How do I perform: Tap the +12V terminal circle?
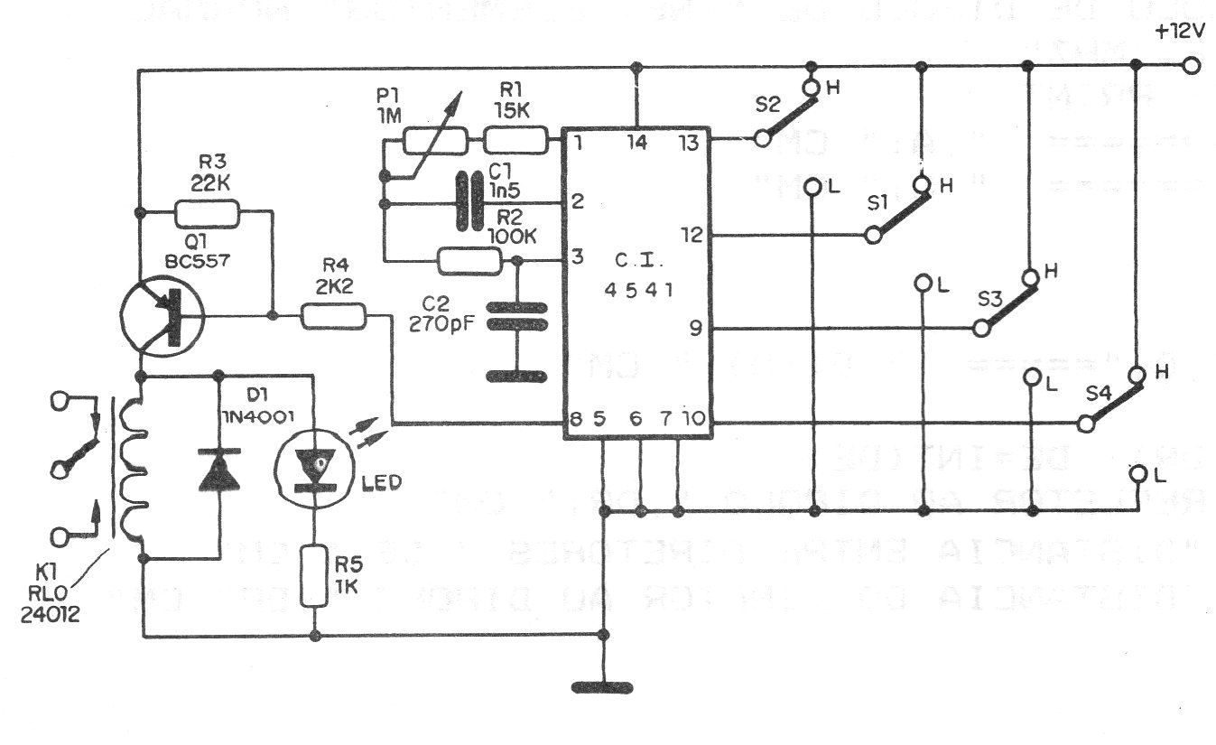point(1193,65)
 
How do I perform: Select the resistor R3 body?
point(207,213)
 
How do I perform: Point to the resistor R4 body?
point(333,316)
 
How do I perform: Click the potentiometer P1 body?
point(434,141)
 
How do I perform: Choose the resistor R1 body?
point(515,141)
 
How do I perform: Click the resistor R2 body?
point(469,262)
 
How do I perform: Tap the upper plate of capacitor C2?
point(517,309)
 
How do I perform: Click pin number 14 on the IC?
point(638,141)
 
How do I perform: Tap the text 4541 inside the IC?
point(642,291)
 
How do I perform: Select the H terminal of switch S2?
point(811,88)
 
